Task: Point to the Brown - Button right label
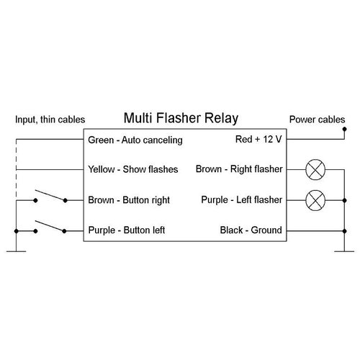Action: [x=128, y=200]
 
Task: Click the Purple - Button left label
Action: [x=127, y=230]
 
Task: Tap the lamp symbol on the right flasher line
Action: [x=314, y=170]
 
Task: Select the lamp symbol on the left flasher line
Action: [x=314, y=200]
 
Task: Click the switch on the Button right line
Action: [x=49, y=196]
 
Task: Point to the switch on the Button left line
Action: [x=49, y=226]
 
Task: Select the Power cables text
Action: [x=317, y=120]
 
